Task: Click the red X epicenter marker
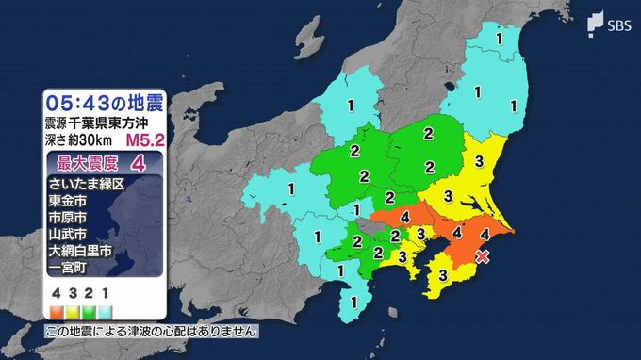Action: [483, 255]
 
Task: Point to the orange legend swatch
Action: [58, 308]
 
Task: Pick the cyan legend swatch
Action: [107, 308]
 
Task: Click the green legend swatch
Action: [90, 308]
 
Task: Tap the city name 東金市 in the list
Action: [66, 200]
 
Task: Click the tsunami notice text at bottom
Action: [151, 332]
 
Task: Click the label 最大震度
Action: [80, 163]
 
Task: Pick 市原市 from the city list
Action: [66, 217]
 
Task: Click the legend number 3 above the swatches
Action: [74, 292]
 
